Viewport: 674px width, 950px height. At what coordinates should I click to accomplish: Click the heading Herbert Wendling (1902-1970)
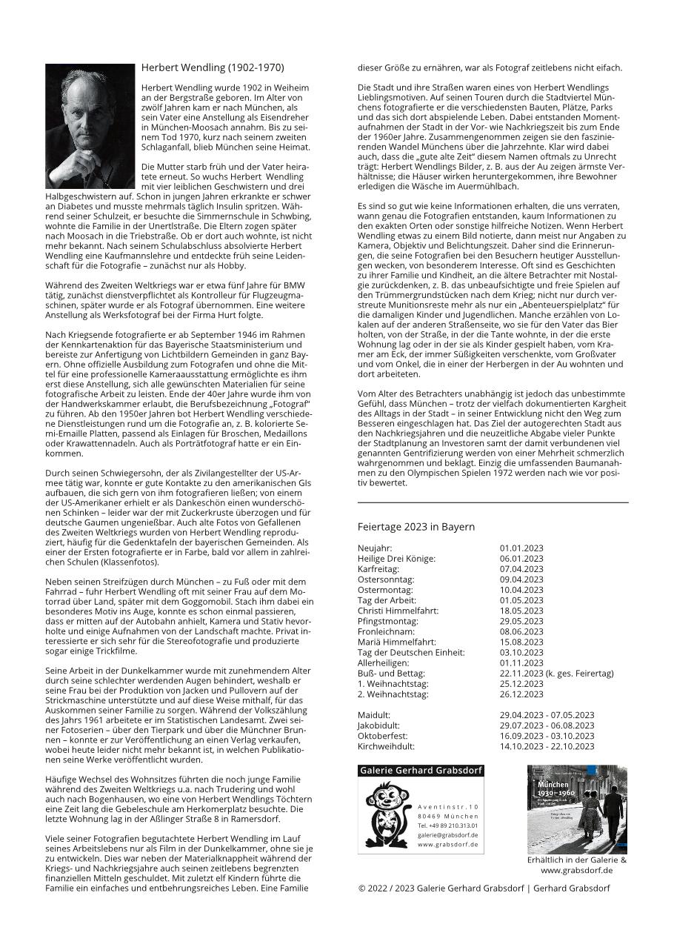click(213, 67)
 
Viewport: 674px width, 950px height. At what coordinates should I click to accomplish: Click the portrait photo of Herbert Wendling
click(90, 126)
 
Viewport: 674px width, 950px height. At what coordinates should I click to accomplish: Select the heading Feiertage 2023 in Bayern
click(416, 527)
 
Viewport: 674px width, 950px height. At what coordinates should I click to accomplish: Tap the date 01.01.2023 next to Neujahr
click(521, 548)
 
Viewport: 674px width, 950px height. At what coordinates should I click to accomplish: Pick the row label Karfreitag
click(378, 569)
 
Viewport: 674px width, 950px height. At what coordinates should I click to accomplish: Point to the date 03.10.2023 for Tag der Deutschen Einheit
click(521, 652)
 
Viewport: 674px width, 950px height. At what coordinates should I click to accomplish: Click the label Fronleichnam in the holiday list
click(385, 631)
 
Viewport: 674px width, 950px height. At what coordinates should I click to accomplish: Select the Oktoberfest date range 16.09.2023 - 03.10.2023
click(547, 736)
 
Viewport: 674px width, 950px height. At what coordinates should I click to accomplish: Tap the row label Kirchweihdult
click(386, 746)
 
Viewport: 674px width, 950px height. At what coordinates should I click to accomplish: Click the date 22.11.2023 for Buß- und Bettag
click(521, 673)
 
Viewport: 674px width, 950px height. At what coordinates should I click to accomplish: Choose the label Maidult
click(373, 715)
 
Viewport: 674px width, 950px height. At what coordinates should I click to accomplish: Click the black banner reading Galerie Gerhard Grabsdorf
click(421, 771)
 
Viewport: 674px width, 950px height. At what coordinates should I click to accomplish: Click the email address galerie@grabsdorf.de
click(447, 834)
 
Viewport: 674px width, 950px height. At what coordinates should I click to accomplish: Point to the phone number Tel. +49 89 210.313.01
click(447, 825)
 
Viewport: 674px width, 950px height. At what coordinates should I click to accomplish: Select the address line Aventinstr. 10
click(448, 806)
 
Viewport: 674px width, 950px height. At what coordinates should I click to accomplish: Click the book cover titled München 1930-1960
click(576, 809)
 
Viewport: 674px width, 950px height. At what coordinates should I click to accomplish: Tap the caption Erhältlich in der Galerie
click(576, 860)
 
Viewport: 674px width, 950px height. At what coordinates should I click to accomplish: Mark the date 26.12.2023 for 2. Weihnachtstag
click(521, 694)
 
